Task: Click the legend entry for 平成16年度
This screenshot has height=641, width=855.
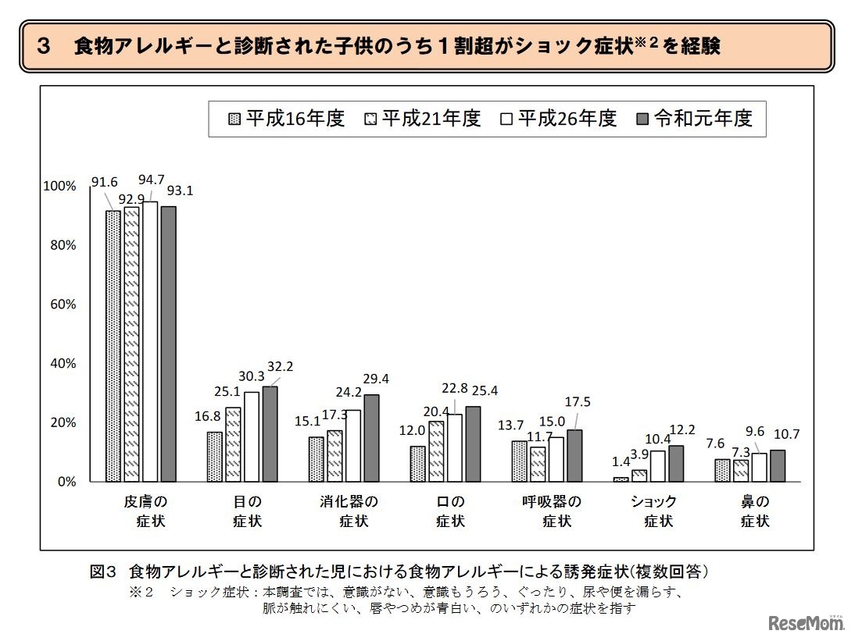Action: pos(284,119)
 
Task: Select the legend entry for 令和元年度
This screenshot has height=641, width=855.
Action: pos(695,119)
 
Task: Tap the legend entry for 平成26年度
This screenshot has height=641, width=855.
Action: pos(558,119)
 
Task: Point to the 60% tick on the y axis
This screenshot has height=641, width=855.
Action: pos(60,304)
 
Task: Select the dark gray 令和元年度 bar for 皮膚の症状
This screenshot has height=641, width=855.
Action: pos(168,344)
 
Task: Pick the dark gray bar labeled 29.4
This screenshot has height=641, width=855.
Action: pos(371,438)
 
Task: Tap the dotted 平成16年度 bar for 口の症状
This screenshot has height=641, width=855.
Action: pos(418,465)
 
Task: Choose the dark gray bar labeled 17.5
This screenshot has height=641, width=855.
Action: pos(574,456)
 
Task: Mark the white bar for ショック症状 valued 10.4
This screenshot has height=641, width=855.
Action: pos(657,467)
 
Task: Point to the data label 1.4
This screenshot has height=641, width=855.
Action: pos(620,461)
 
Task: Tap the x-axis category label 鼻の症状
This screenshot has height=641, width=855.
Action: pos(755,511)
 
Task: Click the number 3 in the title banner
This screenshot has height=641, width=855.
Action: pos(43,46)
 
